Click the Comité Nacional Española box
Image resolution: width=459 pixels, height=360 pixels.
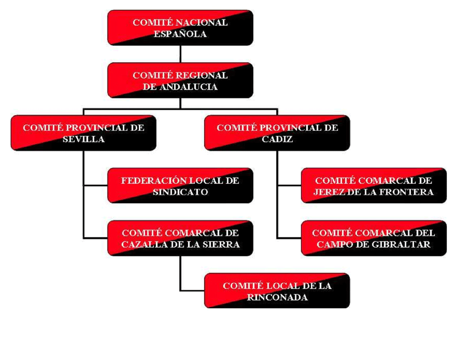(x=180, y=28)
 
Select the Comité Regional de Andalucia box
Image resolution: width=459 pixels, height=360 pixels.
(x=180, y=80)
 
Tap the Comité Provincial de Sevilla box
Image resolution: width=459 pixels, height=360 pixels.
(x=83, y=133)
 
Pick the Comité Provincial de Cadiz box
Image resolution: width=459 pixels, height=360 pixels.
(x=277, y=133)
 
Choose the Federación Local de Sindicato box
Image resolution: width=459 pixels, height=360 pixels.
(x=180, y=186)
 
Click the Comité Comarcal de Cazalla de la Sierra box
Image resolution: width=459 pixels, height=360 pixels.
(x=180, y=238)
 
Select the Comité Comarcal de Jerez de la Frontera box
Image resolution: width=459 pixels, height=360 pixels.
(x=374, y=186)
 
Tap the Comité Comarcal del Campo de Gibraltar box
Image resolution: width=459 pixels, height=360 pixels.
(x=374, y=238)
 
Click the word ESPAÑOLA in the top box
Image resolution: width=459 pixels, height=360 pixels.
(x=180, y=34)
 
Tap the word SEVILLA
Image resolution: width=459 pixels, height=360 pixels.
(x=83, y=139)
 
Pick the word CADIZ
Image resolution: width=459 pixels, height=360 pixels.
(x=277, y=139)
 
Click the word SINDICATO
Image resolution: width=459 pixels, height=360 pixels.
(x=180, y=192)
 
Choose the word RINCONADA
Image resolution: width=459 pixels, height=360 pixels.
(x=277, y=298)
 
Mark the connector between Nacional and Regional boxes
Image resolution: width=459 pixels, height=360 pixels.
(x=180, y=54)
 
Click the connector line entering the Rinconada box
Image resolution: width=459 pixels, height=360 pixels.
(x=193, y=291)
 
